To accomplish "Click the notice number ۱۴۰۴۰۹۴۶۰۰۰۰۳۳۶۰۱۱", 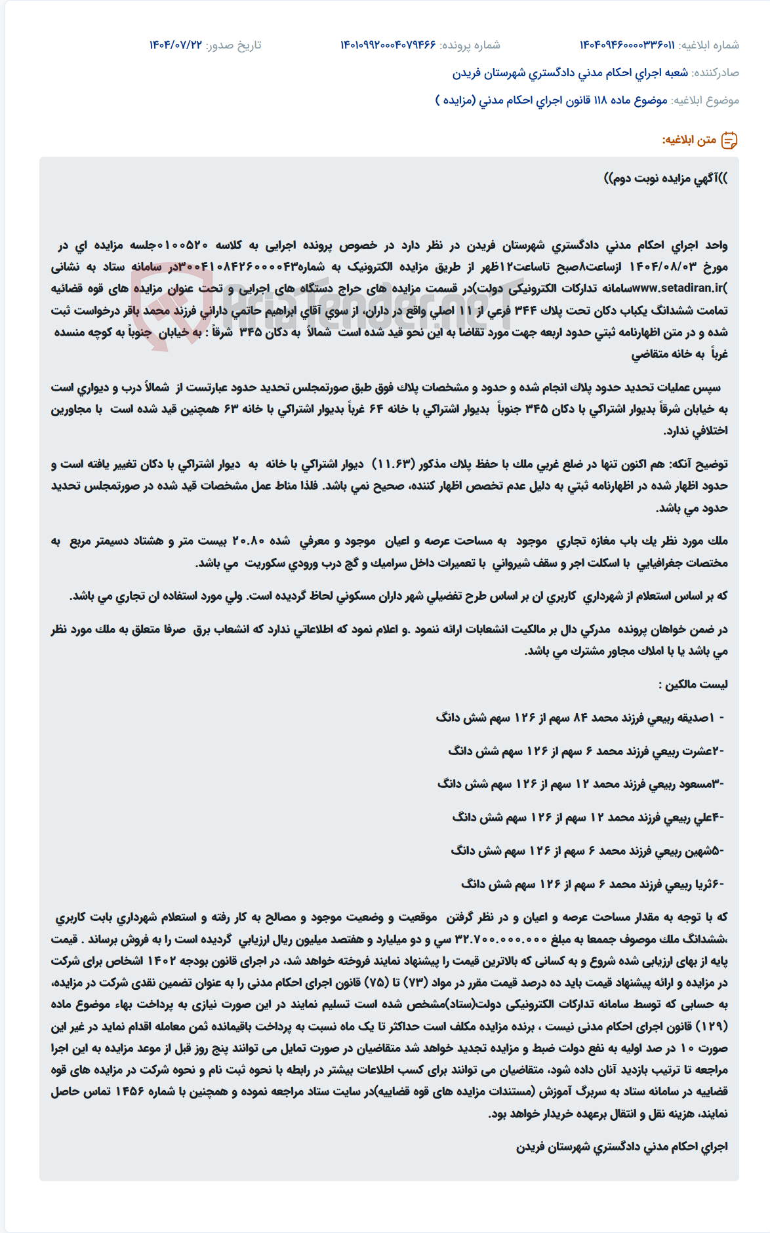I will point(626,45).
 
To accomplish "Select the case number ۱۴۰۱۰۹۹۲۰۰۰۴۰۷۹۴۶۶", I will point(388,45).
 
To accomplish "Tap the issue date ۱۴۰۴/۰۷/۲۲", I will point(176,45).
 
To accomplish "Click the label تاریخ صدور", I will point(234,45).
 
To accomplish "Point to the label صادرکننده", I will point(716,73).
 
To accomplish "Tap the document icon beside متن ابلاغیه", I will point(729,140).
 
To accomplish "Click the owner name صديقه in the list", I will point(694,718).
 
